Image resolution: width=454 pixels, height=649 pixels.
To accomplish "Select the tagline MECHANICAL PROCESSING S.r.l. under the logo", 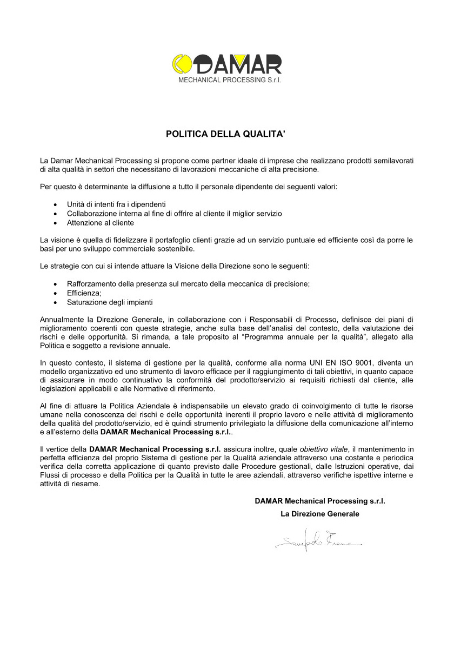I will tap(230, 80).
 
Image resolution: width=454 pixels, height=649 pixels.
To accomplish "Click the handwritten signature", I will tap(317, 540).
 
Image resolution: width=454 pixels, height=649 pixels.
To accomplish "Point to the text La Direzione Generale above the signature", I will tap(319, 514).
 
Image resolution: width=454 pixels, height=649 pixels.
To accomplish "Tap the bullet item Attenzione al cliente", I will tap(101, 222).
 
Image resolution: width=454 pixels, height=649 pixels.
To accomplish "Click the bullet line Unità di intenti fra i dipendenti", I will tap(116, 204).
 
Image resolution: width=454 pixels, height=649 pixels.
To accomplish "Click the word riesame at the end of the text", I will tap(88, 484).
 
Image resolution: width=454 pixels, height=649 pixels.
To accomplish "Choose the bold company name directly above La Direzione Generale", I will tap(319, 501).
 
